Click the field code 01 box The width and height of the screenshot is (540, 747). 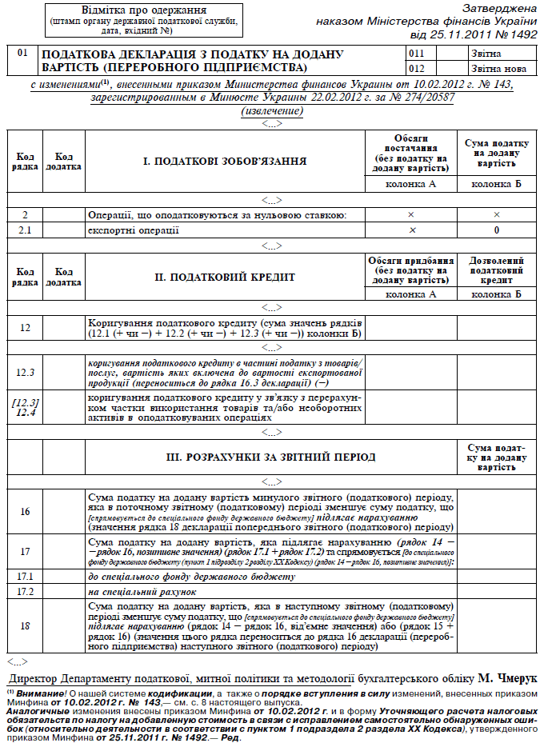click(x=23, y=54)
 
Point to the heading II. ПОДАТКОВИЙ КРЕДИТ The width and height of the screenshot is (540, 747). click(x=225, y=277)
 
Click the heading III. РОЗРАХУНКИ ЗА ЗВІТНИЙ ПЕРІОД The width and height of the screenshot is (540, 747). click(x=270, y=457)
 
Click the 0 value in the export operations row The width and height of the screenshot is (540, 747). click(x=496, y=230)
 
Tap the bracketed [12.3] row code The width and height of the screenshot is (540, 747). click(x=25, y=401)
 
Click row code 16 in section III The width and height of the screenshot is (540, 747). click(x=25, y=511)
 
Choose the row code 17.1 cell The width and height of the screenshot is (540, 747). click(x=25, y=575)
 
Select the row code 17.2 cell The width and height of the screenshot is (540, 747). click(x=25, y=592)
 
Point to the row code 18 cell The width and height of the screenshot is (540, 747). click(x=25, y=627)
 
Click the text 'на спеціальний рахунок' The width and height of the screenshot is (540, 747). click(x=141, y=592)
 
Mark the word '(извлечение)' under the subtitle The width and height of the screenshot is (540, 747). click(x=271, y=110)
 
